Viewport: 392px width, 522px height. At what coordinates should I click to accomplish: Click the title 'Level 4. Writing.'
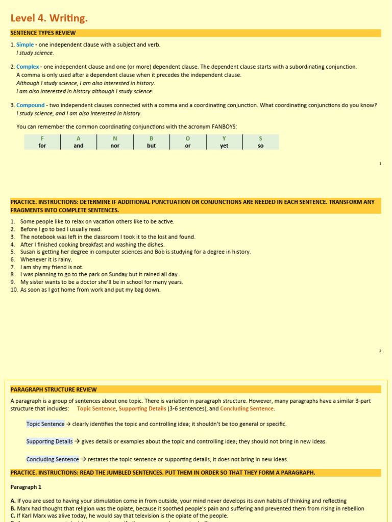click(49, 18)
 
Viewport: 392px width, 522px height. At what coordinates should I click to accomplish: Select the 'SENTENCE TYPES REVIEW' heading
click(43, 33)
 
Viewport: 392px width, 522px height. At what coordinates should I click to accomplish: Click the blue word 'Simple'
click(25, 45)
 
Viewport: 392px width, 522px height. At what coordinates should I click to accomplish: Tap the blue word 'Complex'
click(28, 67)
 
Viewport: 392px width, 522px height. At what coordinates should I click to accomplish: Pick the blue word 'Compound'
click(31, 106)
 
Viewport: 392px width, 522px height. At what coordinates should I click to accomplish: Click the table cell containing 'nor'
click(115, 146)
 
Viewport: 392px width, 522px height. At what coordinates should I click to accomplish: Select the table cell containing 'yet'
click(224, 146)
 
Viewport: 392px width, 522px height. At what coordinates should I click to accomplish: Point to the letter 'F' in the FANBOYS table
click(42, 138)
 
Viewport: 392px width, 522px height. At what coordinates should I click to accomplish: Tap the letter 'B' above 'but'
click(151, 138)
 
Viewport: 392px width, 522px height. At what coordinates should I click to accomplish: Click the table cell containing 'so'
click(261, 146)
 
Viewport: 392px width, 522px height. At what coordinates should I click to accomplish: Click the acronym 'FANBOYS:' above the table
click(225, 126)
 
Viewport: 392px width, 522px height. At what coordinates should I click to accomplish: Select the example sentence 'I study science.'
click(35, 53)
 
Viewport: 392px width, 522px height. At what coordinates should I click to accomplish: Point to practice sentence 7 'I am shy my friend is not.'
click(52, 267)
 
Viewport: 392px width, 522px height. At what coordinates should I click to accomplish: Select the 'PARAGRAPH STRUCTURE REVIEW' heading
click(54, 389)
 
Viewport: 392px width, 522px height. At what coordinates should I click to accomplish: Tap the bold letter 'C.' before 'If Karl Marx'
click(13, 516)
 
